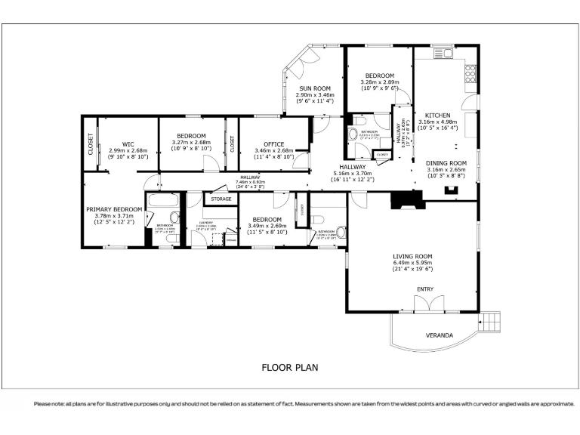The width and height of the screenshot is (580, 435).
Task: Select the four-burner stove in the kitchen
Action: (x=470, y=72)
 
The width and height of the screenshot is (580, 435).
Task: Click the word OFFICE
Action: (x=273, y=143)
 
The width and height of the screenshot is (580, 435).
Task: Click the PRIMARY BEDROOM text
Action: (x=113, y=209)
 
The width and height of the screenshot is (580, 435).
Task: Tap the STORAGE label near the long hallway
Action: (x=221, y=199)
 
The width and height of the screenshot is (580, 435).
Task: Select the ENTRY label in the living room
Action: (x=426, y=289)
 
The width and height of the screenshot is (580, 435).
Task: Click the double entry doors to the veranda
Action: (x=426, y=304)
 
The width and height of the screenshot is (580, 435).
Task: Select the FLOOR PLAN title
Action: (x=289, y=368)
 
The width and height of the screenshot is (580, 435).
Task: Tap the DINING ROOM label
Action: (x=446, y=162)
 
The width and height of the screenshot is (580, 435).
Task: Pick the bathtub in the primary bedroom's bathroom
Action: (x=160, y=202)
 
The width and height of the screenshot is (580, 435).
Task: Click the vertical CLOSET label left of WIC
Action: (x=91, y=143)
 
